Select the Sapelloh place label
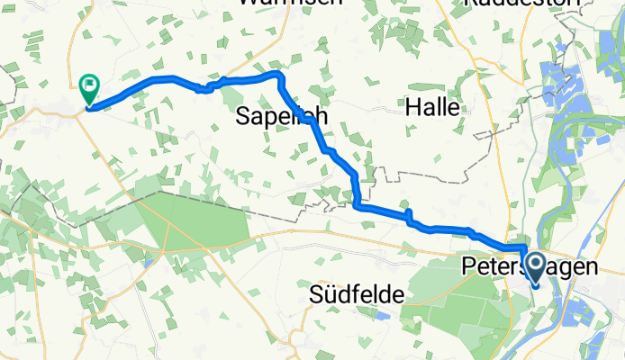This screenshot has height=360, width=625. pyautogui.click(x=280, y=116)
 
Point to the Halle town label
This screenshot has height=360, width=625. pyautogui.click(x=439, y=106)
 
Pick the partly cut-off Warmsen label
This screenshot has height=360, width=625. pyautogui.click(x=289, y=4)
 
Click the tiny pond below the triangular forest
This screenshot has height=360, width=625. pyautogui.click(x=147, y=263)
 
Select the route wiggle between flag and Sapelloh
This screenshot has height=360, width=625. pyautogui.click(x=205, y=88)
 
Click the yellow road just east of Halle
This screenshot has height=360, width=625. pyautogui.click(x=486, y=108)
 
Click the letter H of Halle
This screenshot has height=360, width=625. pyautogui.click(x=414, y=106)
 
